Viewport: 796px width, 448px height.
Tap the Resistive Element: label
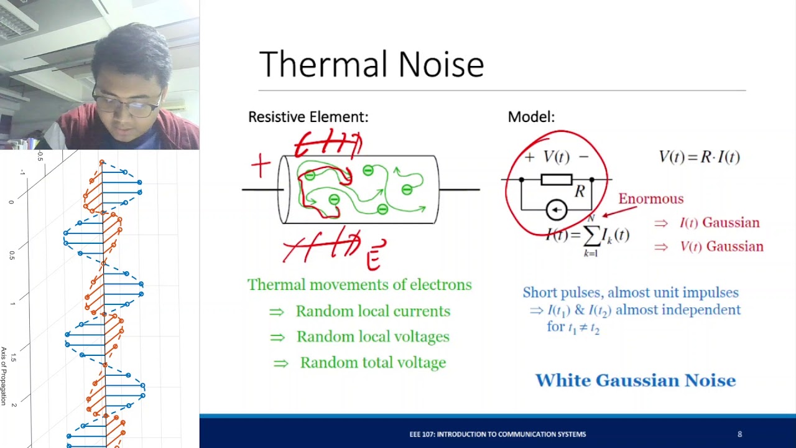pos(308,117)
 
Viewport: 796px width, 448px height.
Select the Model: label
pos(531,117)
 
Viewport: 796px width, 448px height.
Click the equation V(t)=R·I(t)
pos(699,157)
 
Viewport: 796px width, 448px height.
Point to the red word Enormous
pos(650,199)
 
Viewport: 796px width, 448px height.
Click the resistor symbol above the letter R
pos(557,180)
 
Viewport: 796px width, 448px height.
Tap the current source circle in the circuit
pos(556,211)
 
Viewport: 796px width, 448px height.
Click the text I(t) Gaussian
pos(719,223)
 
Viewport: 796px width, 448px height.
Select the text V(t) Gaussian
pos(721,246)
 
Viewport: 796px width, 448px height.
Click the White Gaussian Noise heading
pos(636,380)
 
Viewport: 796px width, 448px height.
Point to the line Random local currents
pos(373,311)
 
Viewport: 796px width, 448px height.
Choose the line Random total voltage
pos(373,363)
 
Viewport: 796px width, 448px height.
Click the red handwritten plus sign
pos(261,167)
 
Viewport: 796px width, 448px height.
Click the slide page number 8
pos(739,434)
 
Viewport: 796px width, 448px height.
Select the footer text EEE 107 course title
pos(497,434)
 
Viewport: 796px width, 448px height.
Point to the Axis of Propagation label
pos(4,376)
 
